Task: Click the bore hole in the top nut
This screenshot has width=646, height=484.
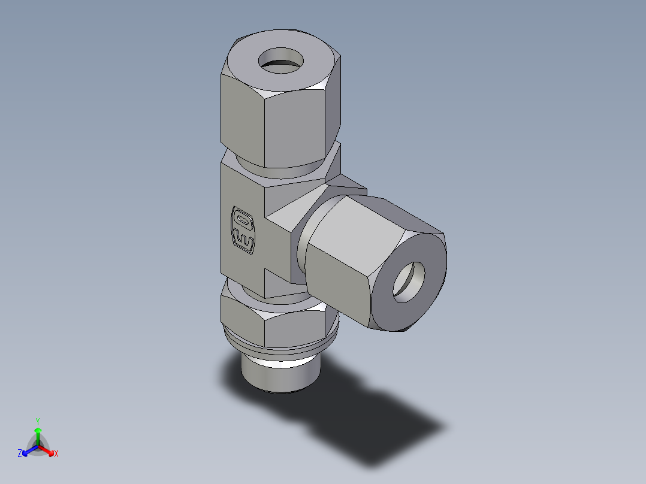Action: coord(281,61)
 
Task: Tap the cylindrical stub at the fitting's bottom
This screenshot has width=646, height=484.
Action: coord(279,374)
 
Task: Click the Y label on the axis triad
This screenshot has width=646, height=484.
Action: coord(37,421)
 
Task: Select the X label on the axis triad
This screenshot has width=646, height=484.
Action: coord(56,454)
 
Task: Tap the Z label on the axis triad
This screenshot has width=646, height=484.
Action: coord(20,454)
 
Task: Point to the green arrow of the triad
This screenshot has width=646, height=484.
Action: coord(38,434)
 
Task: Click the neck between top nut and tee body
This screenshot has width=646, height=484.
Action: coord(282,169)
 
